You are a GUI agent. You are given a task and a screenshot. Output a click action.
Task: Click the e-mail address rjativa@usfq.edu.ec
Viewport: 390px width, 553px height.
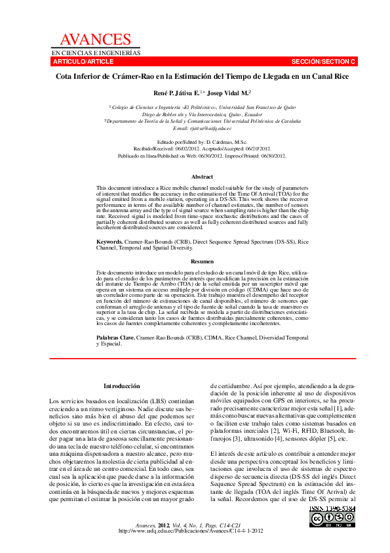(x=207, y=128)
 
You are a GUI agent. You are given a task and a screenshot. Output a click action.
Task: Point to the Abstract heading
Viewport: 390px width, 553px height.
(x=202, y=177)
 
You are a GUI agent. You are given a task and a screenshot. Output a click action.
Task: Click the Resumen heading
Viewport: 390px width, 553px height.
(x=202, y=261)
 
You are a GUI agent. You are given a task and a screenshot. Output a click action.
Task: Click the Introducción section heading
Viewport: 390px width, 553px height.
(x=122, y=386)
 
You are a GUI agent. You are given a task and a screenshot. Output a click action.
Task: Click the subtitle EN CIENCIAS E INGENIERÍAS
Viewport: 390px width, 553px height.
(x=96, y=52)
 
